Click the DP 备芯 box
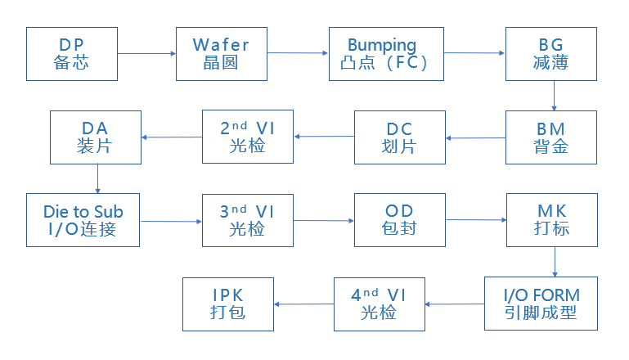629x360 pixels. [x=72, y=54]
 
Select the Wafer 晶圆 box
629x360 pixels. [x=221, y=54]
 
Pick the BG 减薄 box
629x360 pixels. [x=552, y=54]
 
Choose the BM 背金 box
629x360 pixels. [x=552, y=137]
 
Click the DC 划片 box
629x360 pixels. [x=400, y=137]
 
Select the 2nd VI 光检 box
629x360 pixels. [x=248, y=137]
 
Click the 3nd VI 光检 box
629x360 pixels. [x=248, y=220]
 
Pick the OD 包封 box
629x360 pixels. [x=400, y=220]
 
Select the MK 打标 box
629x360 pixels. [x=552, y=220]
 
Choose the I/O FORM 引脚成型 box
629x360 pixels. [x=541, y=304]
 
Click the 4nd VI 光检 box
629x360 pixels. [x=380, y=304]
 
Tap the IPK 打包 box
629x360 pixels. [x=228, y=304]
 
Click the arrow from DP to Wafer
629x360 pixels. [x=146, y=54]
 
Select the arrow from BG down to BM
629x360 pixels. [x=554, y=96]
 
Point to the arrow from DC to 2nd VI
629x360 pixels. [x=324, y=137]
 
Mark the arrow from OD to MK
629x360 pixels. [x=476, y=220]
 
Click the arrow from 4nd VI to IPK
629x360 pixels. [x=304, y=304]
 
